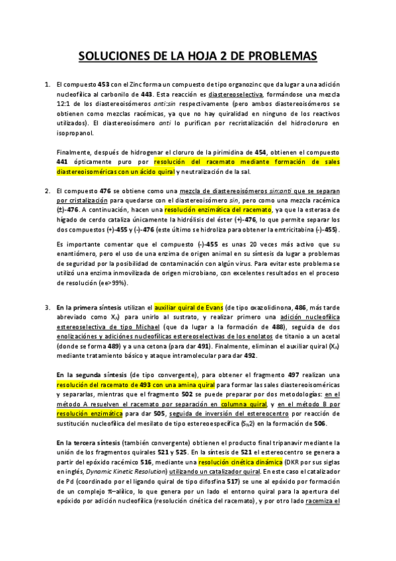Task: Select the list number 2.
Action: click(x=47, y=191)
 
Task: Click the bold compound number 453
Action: click(x=104, y=85)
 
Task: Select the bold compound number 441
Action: click(x=64, y=161)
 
